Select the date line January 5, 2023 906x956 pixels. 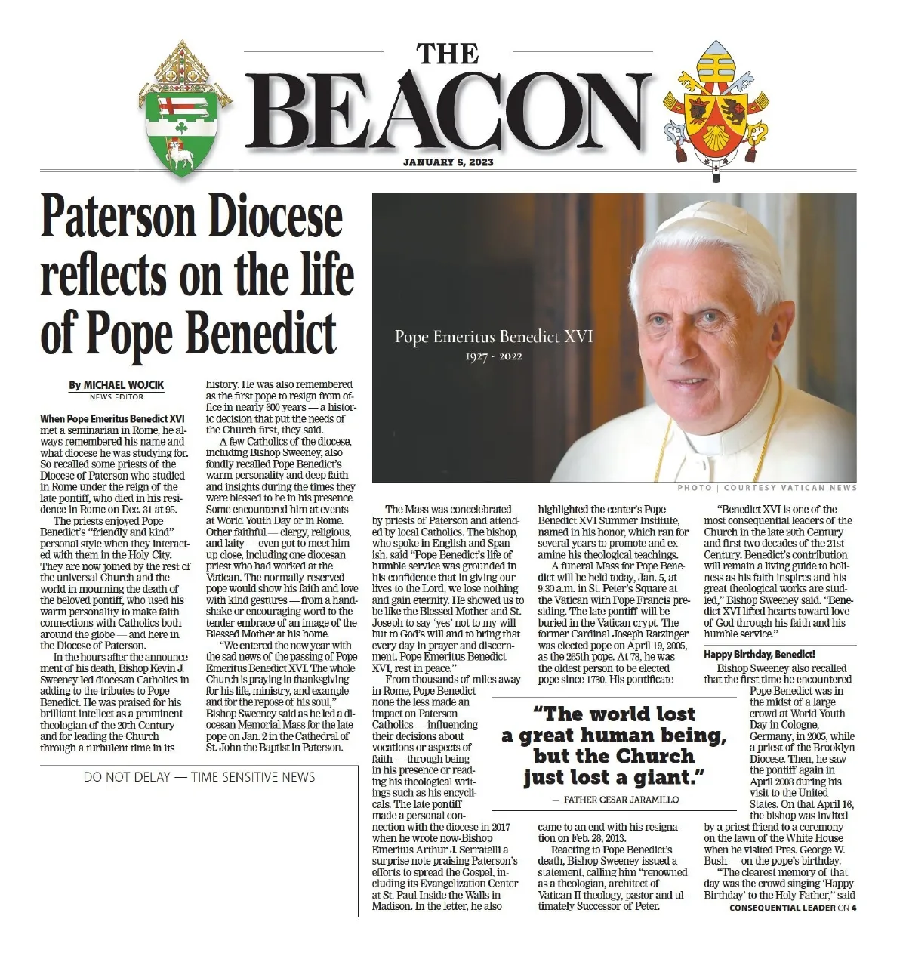coord(448,162)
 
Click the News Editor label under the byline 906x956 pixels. coord(116,396)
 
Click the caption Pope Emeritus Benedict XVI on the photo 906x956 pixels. coord(494,337)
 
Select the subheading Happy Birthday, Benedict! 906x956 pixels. coord(760,655)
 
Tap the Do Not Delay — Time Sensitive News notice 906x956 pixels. coord(199,776)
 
